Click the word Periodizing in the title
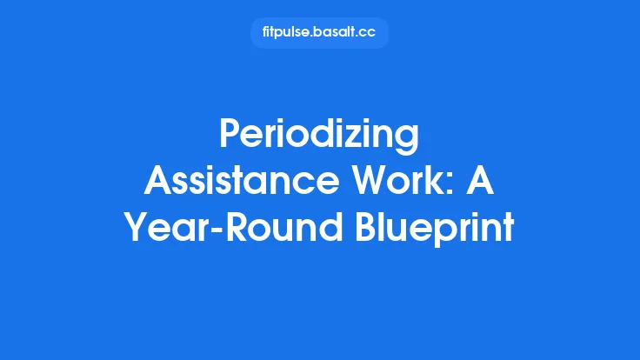tap(319, 137)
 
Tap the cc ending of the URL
tap(369, 34)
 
